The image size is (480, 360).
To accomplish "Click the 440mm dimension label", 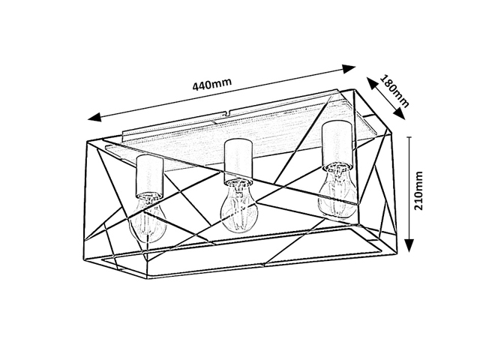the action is coord(211,84).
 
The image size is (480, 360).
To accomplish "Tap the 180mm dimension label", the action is coord(394,91).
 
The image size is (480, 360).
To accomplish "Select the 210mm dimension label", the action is coord(418,190).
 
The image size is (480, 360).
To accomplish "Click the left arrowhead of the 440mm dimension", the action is coord(94,117).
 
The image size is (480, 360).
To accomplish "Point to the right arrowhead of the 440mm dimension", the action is coord(349,69).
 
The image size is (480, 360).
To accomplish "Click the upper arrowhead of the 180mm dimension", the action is coord(372,83).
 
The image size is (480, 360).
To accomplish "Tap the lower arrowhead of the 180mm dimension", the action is coord(400,113).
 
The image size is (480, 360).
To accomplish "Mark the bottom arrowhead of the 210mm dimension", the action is coord(410,245).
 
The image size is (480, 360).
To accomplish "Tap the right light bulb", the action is coord(337,192).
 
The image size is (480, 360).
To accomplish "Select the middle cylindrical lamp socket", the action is coord(238,160).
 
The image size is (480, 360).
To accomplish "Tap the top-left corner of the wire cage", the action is coord(87,141).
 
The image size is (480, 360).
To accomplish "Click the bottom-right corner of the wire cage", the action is coord(397,252).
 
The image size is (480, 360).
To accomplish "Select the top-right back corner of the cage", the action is coord(355,90).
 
